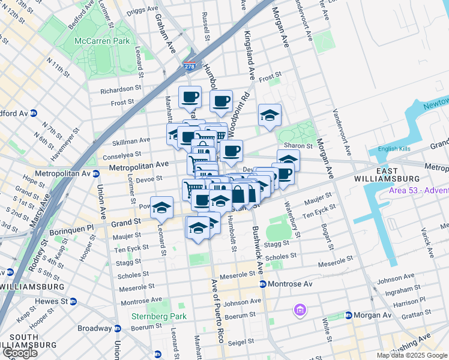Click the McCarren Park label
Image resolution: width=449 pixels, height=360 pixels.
pyautogui.click(x=94, y=41)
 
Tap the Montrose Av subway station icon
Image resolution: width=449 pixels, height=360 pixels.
pyautogui.click(x=262, y=284)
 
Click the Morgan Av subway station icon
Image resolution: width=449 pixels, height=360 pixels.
pyautogui.click(x=348, y=316)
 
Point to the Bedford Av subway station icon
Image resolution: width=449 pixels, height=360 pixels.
pyautogui.click(x=34, y=113)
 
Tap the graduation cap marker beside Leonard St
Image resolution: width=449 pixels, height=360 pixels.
pyautogui.click(x=161, y=208)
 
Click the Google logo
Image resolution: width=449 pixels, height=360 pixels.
pyautogui.click(x=20, y=353)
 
